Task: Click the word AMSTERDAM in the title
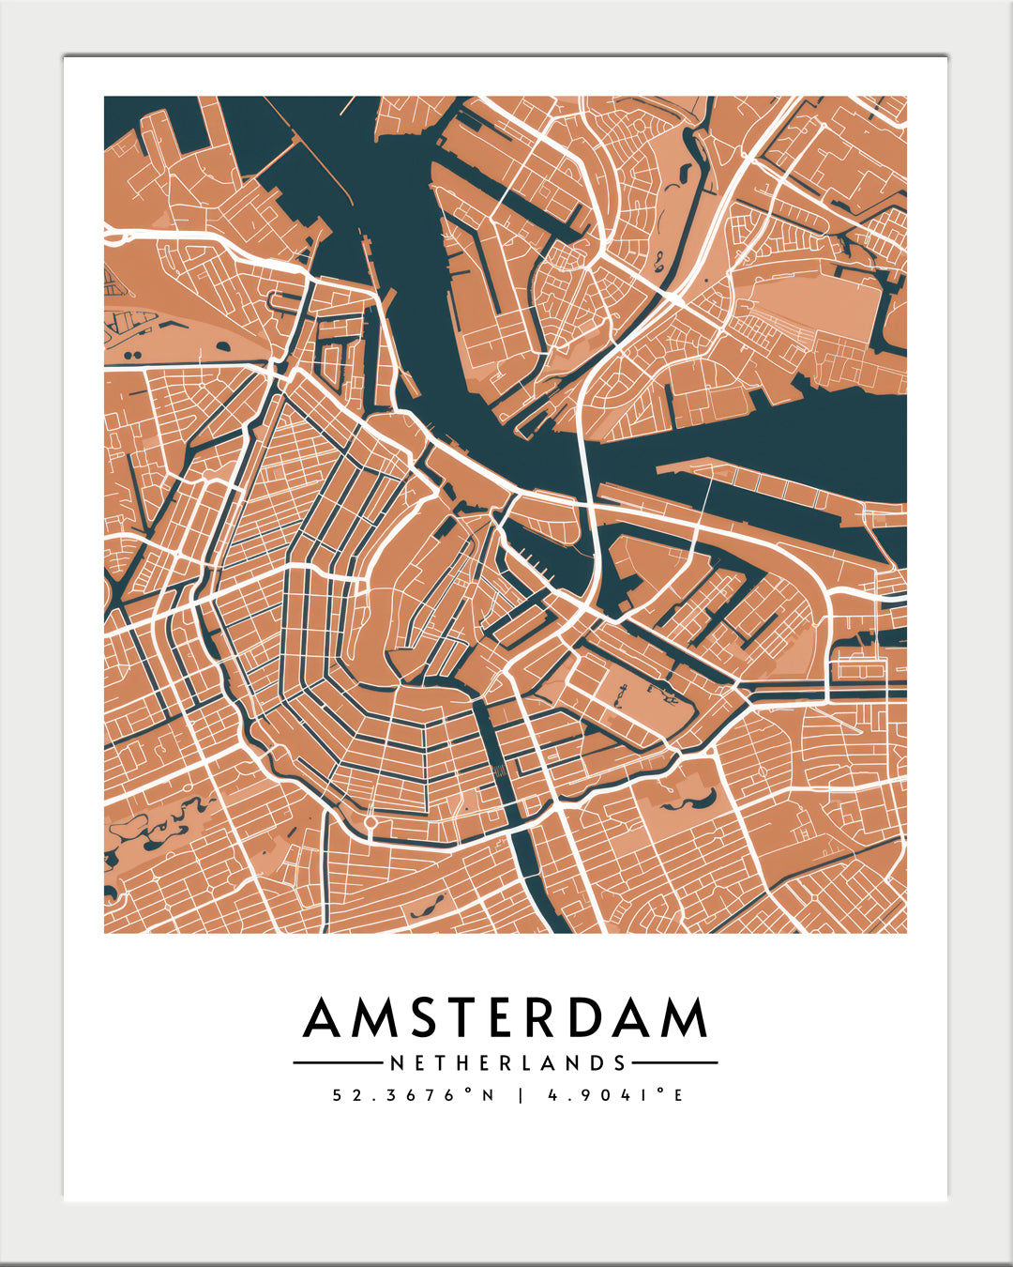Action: (506, 1018)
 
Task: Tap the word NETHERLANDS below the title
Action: (507, 1063)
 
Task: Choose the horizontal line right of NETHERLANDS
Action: (674, 1063)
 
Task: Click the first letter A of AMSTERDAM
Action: (323, 1018)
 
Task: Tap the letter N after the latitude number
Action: (488, 1095)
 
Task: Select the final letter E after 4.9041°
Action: (678, 1095)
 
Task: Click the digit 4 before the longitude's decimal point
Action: (552, 1095)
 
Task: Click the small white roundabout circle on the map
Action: (370, 822)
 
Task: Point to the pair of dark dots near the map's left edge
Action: (132, 356)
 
